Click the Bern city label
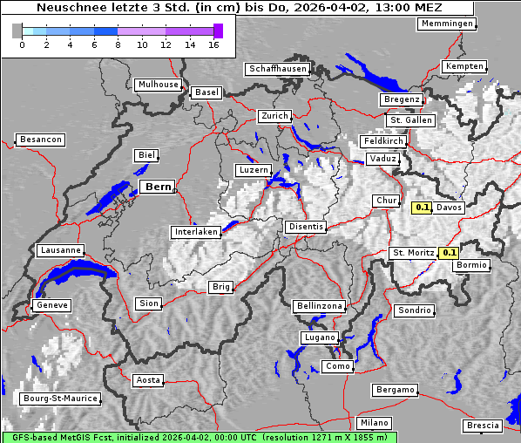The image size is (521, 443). (157, 187)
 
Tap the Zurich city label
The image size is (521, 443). (274, 116)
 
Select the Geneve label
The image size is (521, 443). (51, 305)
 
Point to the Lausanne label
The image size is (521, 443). (60, 250)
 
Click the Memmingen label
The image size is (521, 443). (447, 24)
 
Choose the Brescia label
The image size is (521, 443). (484, 425)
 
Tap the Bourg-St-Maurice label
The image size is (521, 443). (60, 399)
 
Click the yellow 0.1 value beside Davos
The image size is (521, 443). (423, 208)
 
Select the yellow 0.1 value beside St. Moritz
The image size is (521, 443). (450, 253)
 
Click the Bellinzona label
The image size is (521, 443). (320, 306)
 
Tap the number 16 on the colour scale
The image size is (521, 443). (214, 44)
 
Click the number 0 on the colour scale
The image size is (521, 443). (22, 44)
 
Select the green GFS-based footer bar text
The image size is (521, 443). (199, 437)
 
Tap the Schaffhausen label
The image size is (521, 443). (278, 69)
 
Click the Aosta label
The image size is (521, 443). (148, 380)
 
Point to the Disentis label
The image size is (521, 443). (306, 227)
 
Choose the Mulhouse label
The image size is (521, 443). (158, 85)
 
